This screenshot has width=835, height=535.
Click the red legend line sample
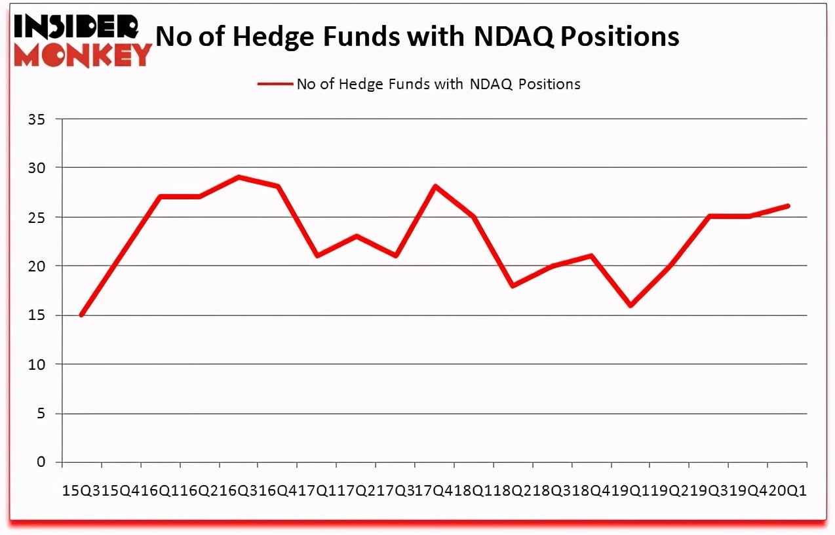pyautogui.click(x=275, y=84)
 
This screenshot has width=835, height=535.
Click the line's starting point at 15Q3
pyautogui.click(x=81, y=315)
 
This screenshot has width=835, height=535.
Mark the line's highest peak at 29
pyautogui.click(x=239, y=177)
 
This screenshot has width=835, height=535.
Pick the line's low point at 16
pyautogui.click(x=631, y=306)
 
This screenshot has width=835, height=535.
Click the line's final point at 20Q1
pyautogui.click(x=787, y=206)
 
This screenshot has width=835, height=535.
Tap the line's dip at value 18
pyautogui.click(x=513, y=286)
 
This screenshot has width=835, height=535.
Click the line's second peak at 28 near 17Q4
pyautogui.click(x=435, y=186)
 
